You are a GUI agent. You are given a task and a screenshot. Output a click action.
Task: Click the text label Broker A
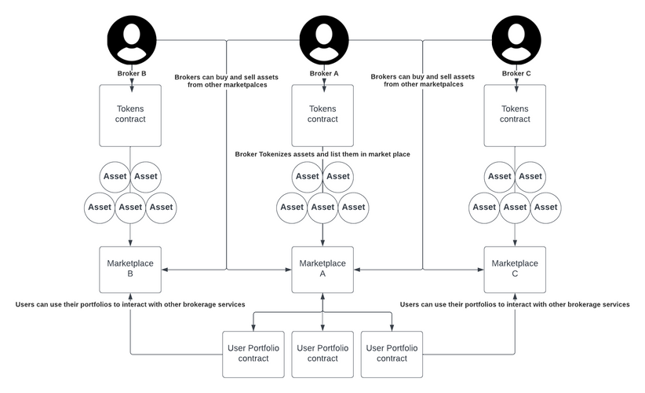(x=323, y=74)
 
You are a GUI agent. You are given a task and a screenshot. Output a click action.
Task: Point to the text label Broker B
(x=130, y=74)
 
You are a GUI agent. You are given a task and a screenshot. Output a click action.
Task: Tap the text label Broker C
(x=516, y=74)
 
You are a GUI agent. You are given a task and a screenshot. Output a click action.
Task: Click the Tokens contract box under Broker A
(x=322, y=115)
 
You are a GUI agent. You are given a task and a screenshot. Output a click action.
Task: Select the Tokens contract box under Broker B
(x=130, y=115)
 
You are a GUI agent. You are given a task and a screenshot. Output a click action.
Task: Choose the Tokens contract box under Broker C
(x=515, y=115)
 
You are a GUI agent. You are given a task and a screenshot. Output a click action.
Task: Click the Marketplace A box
(x=322, y=270)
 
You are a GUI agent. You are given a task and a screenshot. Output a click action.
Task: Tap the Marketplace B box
(x=130, y=270)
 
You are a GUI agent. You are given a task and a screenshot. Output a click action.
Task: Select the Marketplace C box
(x=515, y=270)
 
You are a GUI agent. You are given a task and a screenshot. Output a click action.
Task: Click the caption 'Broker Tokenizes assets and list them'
(x=322, y=154)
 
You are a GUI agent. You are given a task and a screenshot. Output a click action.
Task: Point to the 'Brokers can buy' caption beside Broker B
(x=228, y=81)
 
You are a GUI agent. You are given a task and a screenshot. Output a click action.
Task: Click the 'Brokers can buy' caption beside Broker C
(x=422, y=81)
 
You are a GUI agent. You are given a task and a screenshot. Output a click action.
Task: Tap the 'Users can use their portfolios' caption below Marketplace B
(x=130, y=304)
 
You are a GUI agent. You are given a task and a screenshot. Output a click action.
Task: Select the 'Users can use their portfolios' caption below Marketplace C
(x=515, y=304)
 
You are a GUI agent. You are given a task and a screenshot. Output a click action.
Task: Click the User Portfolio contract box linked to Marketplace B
(x=253, y=353)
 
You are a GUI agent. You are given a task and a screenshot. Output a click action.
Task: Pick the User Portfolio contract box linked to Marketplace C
(x=392, y=353)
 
